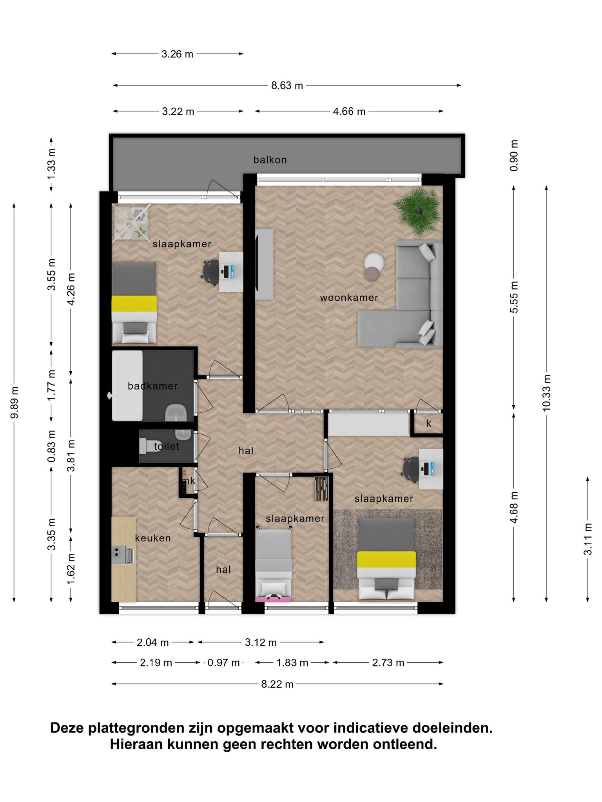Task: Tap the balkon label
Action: click(x=270, y=160)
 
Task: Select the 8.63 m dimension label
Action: click(x=287, y=85)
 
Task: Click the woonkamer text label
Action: click(x=349, y=298)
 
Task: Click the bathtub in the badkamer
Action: click(x=127, y=385)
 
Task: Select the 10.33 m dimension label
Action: click(x=547, y=393)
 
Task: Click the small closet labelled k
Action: click(x=428, y=423)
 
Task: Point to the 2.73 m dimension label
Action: click(x=388, y=663)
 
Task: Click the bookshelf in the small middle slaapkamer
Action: click(x=321, y=489)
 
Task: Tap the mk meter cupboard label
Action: click(x=189, y=480)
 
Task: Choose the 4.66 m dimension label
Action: click(x=349, y=112)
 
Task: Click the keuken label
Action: click(x=153, y=538)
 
